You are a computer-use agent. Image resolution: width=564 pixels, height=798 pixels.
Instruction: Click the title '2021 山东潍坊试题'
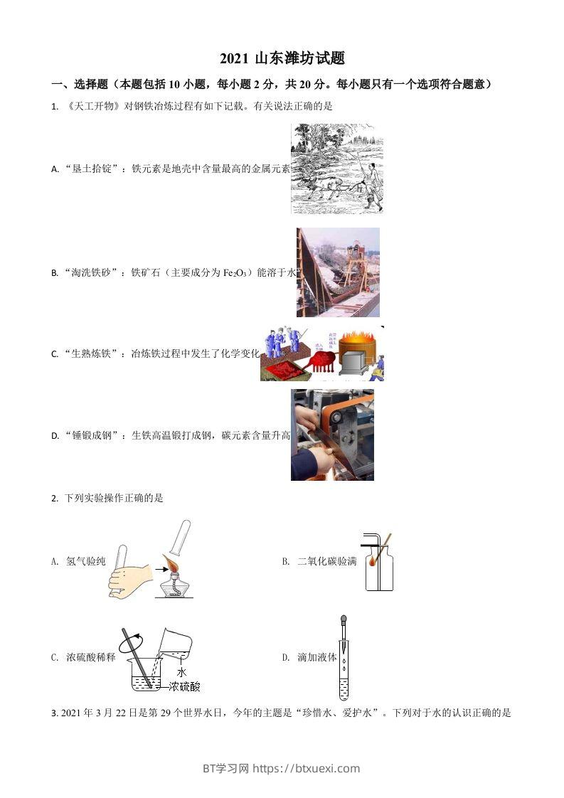[282, 59]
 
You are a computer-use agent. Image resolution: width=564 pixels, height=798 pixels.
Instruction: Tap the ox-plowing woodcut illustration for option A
[336, 169]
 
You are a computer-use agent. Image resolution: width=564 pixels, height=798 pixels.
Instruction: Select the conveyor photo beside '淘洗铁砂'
[338, 272]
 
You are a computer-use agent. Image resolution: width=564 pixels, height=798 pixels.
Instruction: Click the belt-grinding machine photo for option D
[331, 435]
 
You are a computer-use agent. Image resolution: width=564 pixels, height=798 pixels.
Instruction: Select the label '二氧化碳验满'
[326, 562]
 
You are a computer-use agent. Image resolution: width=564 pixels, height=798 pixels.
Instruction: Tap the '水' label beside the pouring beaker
[181, 671]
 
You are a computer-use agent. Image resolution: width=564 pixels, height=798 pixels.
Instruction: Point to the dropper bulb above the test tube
[344, 620]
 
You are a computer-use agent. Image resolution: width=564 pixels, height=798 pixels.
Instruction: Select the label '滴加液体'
[316, 658]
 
